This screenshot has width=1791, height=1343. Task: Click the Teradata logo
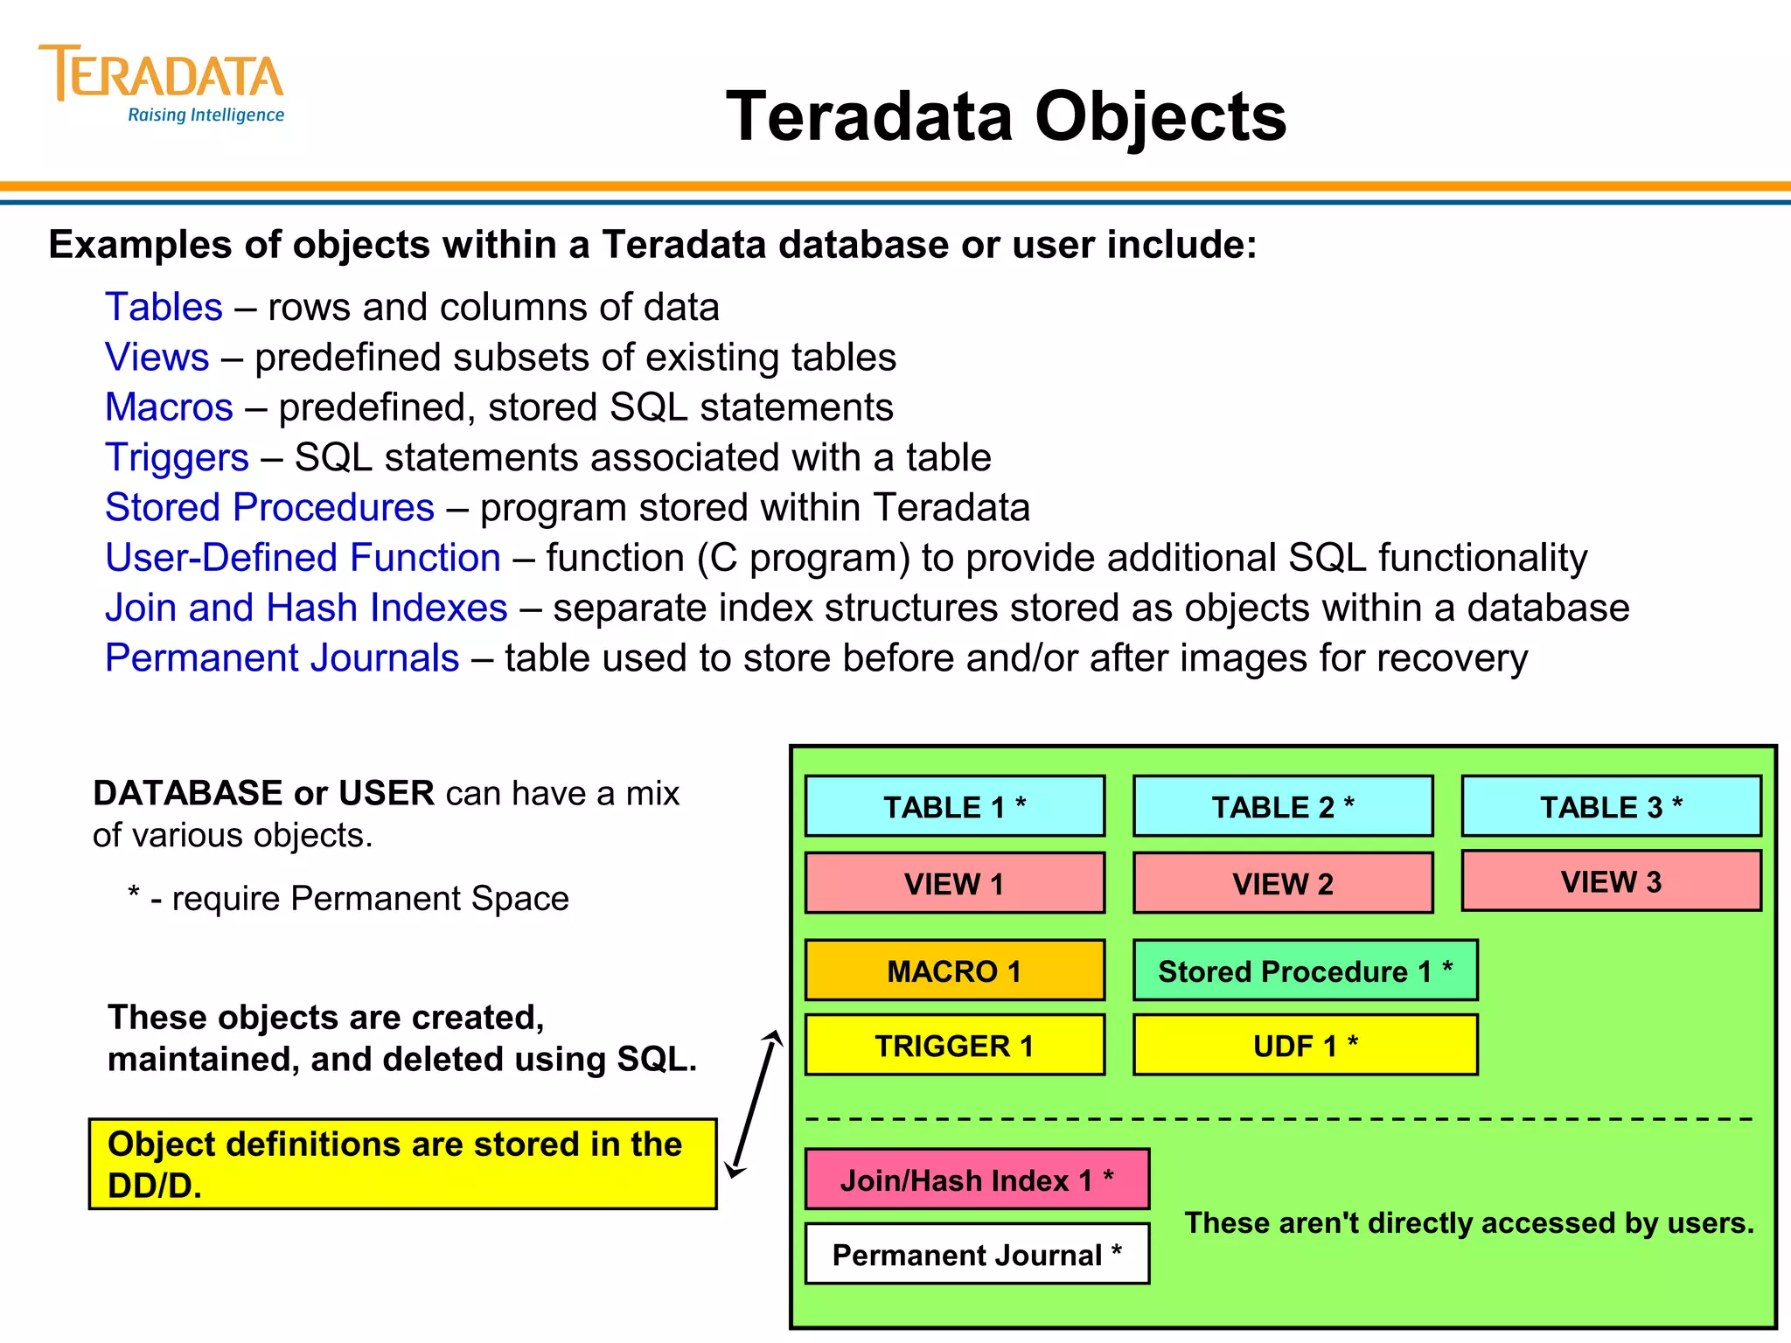pyautogui.click(x=161, y=75)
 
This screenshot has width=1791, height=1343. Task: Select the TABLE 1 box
pyautogui.click(x=954, y=806)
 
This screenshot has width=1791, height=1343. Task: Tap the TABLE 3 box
pyautogui.click(x=1611, y=806)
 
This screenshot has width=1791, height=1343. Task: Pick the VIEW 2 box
pyautogui.click(x=1282, y=883)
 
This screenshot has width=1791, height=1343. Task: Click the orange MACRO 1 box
pyautogui.click(x=954, y=971)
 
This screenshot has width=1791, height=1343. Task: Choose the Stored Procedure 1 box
pyautogui.click(x=1305, y=971)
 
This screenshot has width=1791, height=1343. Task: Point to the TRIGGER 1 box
pyautogui.click(x=954, y=1045)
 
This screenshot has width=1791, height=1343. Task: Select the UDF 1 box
pyautogui.click(x=1305, y=1045)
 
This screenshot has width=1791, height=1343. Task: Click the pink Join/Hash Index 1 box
pyautogui.click(x=977, y=1179)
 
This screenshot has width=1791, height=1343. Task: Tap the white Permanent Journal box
pyautogui.click(x=977, y=1254)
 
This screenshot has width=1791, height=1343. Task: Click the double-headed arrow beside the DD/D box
pyautogui.click(x=754, y=1103)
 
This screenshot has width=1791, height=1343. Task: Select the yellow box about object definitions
pyautogui.click(x=402, y=1164)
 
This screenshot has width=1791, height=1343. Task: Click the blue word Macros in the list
pyautogui.click(x=169, y=407)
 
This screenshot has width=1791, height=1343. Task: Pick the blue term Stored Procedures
pyautogui.click(x=269, y=508)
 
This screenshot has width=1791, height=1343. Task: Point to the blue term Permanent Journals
pyautogui.click(x=282, y=658)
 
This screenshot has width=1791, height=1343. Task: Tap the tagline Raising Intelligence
pyautogui.click(x=206, y=115)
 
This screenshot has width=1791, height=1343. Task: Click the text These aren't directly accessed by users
pyautogui.click(x=1468, y=1222)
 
